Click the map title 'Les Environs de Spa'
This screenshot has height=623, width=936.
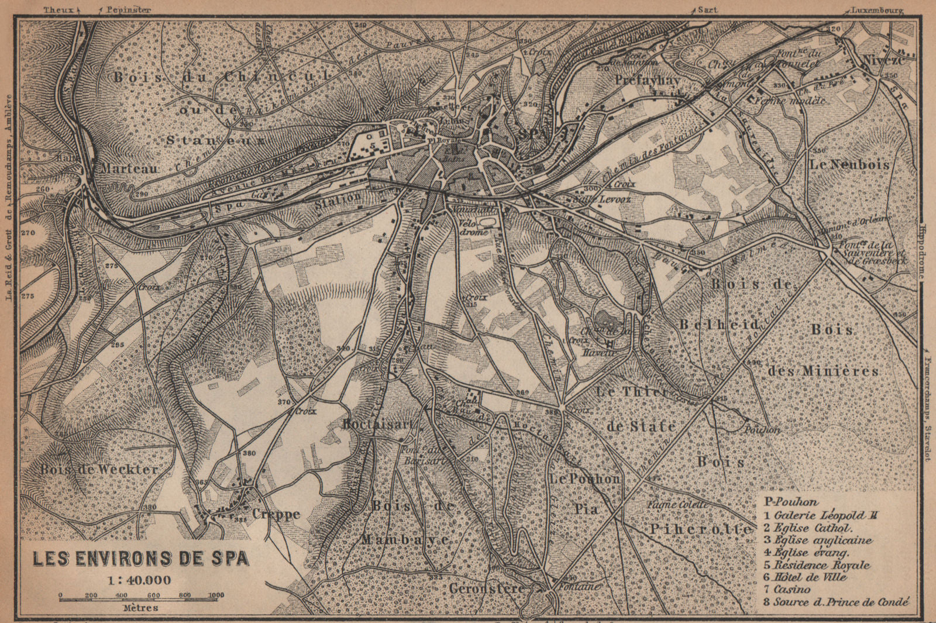tap(140, 559)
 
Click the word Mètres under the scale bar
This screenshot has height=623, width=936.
tap(140, 608)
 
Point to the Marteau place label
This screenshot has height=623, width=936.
tap(129, 168)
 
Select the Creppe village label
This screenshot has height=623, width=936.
tap(276, 514)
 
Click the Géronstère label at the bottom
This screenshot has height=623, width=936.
tap(487, 588)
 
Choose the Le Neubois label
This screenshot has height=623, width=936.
tap(849, 165)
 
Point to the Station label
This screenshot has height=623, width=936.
tap(338, 198)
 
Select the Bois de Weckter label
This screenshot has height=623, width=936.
tap(99, 469)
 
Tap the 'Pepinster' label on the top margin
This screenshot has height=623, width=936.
tap(128, 10)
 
